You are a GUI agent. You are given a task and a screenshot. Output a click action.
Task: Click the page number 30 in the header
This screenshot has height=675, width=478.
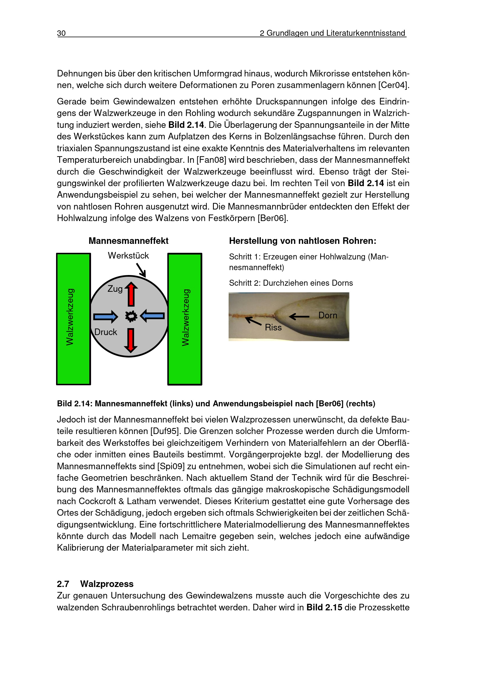61,33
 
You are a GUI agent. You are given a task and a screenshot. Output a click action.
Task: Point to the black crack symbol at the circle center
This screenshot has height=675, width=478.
131,316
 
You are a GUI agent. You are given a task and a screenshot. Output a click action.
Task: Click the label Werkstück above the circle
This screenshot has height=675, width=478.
128,255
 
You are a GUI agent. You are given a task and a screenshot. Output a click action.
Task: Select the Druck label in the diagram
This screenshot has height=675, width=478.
106,332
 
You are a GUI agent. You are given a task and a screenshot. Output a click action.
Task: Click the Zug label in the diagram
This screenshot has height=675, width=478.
115,289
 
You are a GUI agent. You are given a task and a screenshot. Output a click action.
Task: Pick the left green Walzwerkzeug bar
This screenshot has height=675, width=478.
74,319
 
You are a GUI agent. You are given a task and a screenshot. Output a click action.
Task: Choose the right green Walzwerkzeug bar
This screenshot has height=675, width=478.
185,319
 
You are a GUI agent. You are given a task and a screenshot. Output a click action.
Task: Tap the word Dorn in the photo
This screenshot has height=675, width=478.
328,315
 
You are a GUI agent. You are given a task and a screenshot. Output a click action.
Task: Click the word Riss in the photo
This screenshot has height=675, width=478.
273,327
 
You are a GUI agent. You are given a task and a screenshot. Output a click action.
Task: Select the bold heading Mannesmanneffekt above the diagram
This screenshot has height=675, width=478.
128,241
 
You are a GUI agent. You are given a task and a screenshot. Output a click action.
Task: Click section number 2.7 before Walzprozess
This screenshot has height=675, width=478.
63,584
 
